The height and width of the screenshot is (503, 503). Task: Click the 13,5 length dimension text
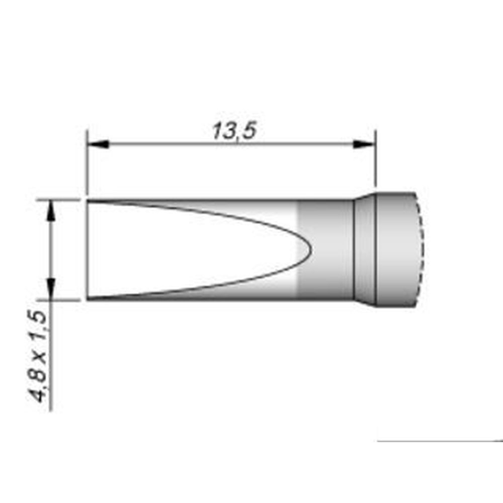coord(234,131)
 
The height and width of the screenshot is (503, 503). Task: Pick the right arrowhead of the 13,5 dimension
coord(364,144)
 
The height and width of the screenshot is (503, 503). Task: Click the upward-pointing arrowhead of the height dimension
coord(50,210)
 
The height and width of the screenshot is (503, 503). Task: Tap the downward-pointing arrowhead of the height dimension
coord(50,289)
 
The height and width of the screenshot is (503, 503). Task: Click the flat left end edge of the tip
coord(87,250)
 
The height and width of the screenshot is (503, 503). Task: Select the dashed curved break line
coord(420,249)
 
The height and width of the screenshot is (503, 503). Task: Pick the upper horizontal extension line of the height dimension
coord(60,200)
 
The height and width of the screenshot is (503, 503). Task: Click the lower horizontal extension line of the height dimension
coord(60,300)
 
